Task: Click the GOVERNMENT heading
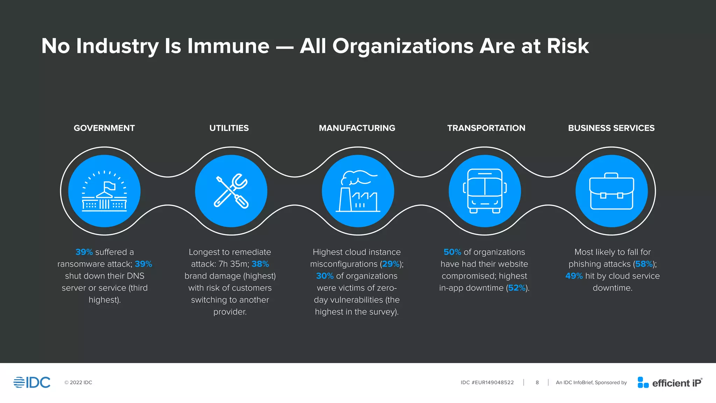(x=104, y=128)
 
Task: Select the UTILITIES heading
(x=229, y=128)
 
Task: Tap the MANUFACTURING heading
(x=357, y=128)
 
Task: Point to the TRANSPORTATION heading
(x=486, y=128)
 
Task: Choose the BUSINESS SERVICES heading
(x=611, y=128)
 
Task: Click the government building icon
(x=104, y=191)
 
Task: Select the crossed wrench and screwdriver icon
(x=231, y=191)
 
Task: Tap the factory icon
(x=358, y=191)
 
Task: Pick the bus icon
(x=485, y=191)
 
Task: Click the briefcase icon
(x=611, y=191)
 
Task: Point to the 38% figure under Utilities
(x=260, y=264)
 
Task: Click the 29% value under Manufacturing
(x=391, y=264)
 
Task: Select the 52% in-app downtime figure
(x=517, y=288)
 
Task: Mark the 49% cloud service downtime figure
(x=574, y=276)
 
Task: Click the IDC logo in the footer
(x=32, y=382)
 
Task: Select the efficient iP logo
(x=670, y=383)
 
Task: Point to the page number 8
(x=537, y=383)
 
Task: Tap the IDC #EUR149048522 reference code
(x=487, y=383)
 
